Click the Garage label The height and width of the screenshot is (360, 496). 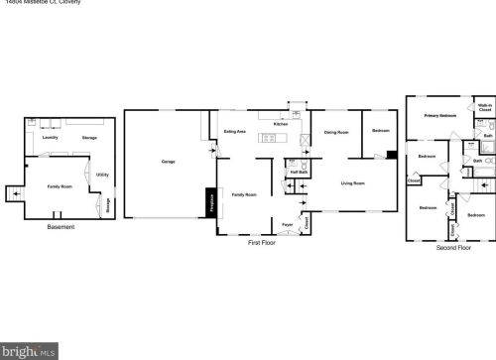coord(168,161)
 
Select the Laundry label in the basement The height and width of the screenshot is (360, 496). coord(50,138)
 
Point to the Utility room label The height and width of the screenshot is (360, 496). coord(102,175)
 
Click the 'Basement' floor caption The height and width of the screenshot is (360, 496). coord(61,227)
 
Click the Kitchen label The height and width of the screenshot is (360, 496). coord(281,124)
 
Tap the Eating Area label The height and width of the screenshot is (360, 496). coord(235,131)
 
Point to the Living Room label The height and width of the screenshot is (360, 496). coord(353,183)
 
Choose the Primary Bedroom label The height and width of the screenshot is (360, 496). coord(440,116)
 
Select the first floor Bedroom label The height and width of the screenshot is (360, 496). coord(381,131)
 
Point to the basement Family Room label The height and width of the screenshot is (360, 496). coord(60,186)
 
